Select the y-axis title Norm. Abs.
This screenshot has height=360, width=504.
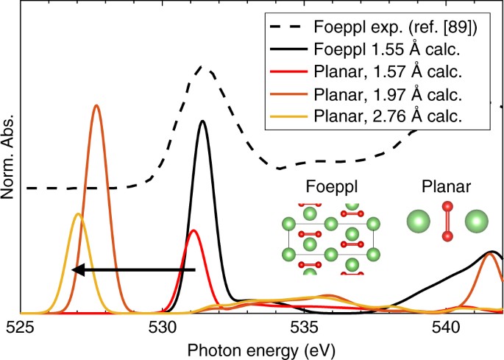point(10,158)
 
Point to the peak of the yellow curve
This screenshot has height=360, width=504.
point(78,214)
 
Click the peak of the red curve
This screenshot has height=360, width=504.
point(194,230)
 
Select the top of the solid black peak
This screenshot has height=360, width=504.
point(202,121)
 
